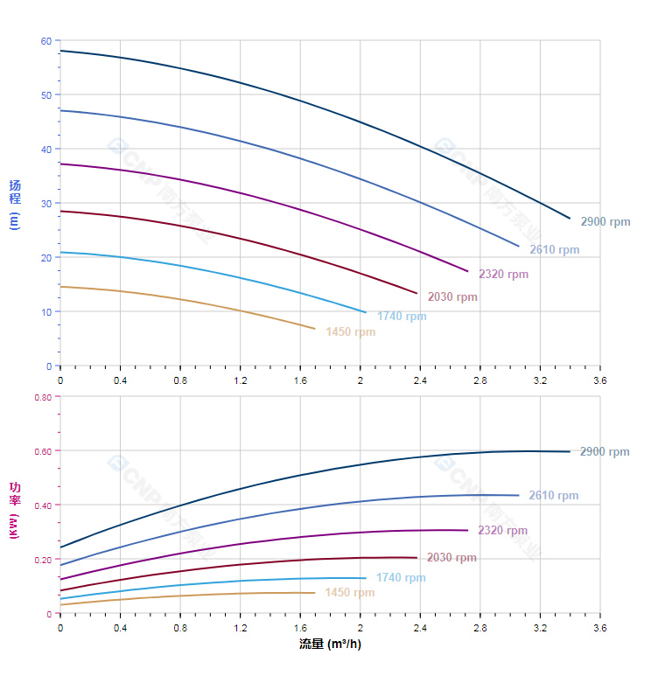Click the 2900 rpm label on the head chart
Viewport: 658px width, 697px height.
(x=605, y=222)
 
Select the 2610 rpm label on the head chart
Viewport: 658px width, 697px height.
(x=554, y=250)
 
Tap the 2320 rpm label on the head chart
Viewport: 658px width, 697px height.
(x=503, y=275)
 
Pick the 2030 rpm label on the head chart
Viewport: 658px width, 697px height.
(x=452, y=297)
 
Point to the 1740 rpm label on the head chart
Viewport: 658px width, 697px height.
(x=402, y=317)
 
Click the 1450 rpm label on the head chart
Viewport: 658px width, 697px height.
(x=350, y=332)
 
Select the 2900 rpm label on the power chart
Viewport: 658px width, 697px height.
(x=605, y=452)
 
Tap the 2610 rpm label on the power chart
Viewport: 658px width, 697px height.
(x=554, y=496)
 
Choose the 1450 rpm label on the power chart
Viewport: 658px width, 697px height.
(x=349, y=593)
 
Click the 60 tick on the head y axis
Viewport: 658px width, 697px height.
(x=46, y=41)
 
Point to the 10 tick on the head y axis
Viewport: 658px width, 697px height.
(x=46, y=312)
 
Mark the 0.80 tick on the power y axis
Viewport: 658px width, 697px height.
(x=43, y=397)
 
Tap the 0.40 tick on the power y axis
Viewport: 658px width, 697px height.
(x=43, y=505)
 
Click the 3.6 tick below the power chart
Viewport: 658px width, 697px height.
(x=600, y=628)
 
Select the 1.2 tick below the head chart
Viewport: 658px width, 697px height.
(x=241, y=380)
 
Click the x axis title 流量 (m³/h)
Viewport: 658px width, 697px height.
(x=330, y=645)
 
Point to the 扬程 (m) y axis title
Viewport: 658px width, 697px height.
(x=14, y=204)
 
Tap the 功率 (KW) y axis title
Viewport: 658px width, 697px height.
(x=14, y=509)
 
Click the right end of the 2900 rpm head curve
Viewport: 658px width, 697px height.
(x=570, y=219)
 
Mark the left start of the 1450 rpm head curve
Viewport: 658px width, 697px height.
(x=60, y=287)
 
